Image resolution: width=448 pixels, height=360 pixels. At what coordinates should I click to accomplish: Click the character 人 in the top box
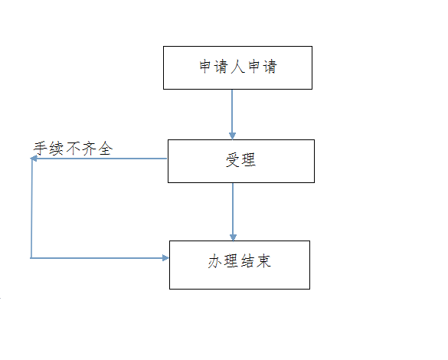click(237, 67)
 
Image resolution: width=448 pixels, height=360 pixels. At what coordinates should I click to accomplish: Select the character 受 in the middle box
click(233, 160)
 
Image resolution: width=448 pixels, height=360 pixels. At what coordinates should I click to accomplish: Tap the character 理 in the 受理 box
click(248, 160)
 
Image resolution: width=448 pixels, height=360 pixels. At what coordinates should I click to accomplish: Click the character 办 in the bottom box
click(215, 261)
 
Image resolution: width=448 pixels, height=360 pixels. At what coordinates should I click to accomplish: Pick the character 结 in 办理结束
click(247, 261)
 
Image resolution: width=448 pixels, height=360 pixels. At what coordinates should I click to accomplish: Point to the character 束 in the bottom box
click(263, 261)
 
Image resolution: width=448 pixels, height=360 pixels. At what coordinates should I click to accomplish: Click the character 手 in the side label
click(41, 149)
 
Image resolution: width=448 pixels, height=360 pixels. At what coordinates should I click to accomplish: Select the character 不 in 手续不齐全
click(74, 149)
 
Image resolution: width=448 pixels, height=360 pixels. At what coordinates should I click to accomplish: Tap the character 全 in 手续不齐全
click(106, 149)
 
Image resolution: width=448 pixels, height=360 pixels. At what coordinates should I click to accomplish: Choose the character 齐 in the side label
click(90, 149)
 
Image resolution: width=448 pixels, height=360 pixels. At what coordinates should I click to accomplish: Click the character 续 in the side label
click(57, 149)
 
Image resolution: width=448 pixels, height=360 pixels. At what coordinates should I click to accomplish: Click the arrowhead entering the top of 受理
click(232, 136)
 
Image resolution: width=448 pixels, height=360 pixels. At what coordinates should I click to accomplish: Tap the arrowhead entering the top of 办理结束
click(233, 237)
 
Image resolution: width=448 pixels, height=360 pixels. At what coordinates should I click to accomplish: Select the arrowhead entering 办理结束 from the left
click(165, 258)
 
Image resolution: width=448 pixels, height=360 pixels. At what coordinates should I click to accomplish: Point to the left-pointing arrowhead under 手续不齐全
click(34, 159)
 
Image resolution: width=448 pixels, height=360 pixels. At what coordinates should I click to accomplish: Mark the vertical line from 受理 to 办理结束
click(233, 211)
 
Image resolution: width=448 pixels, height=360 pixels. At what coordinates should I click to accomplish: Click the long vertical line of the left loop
click(31, 208)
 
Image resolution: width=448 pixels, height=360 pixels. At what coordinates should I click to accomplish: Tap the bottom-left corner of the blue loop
click(31, 258)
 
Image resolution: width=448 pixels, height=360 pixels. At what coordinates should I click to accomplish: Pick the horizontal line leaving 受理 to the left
click(99, 159)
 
